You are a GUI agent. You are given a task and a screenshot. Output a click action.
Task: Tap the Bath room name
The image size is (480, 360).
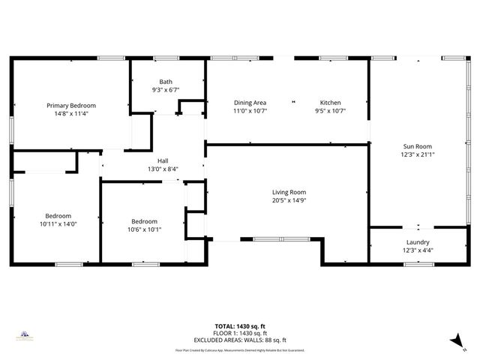click(166, 82)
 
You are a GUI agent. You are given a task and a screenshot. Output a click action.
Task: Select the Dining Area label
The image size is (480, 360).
click(250, 103)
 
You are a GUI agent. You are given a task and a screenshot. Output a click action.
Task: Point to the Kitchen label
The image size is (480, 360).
click(331, 103)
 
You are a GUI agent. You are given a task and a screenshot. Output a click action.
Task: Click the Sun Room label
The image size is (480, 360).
click(418, 146)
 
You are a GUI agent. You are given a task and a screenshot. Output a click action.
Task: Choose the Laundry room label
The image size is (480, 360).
click(418, 242)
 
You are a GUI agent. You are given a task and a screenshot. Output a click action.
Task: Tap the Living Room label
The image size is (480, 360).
click(289, 192)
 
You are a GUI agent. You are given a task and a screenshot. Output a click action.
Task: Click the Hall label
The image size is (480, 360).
click(163, 160)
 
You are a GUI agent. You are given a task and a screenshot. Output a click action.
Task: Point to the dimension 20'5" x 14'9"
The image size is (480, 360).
click(289, 200)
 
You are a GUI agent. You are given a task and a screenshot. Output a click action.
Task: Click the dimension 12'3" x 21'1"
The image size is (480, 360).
click(418, 154)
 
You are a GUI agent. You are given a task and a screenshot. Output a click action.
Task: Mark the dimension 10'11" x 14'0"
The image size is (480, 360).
click(58, 223)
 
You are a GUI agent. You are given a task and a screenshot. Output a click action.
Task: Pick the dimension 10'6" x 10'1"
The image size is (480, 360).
click(144, 229)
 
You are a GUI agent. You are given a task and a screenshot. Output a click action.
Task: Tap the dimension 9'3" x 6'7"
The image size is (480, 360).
click(166, 90)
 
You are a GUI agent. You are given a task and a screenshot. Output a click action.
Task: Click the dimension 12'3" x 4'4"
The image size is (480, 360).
click(418, 250)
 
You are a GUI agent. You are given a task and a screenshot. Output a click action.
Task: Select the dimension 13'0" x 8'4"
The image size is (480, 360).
click(163, 169)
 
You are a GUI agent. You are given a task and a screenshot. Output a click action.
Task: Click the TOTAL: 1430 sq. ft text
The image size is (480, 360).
click(240, 326)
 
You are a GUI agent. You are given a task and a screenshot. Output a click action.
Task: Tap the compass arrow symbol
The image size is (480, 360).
click(454, 340)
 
